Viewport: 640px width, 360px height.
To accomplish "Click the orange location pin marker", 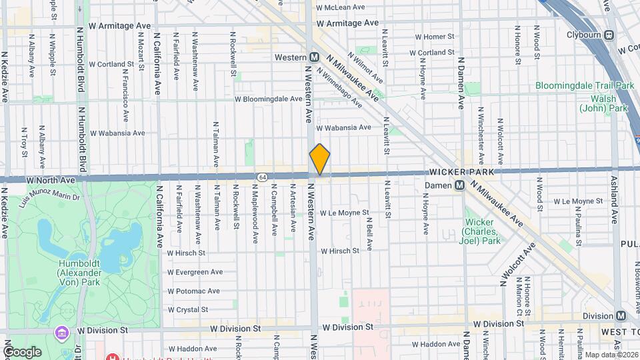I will tap(319, 160).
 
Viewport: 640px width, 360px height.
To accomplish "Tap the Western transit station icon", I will tap(313, 57).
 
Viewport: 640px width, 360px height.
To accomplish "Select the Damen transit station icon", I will tap(459, 186).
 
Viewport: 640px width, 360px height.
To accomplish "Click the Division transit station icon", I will tap(621, 315).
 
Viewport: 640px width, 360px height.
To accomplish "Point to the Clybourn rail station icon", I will tap(610, 35).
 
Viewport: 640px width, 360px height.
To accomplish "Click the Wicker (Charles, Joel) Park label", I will tap(479, 231).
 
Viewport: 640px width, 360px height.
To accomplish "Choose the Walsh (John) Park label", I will tap(603, 103).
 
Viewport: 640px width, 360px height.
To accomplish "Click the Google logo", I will tap(22, 351).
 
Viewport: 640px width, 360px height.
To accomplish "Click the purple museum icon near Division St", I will tap(61, 332).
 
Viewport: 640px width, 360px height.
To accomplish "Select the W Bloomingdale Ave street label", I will tap(268, 99).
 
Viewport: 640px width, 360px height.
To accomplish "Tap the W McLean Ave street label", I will tap(340, 7).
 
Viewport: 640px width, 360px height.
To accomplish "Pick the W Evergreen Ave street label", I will tap(195, 272).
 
